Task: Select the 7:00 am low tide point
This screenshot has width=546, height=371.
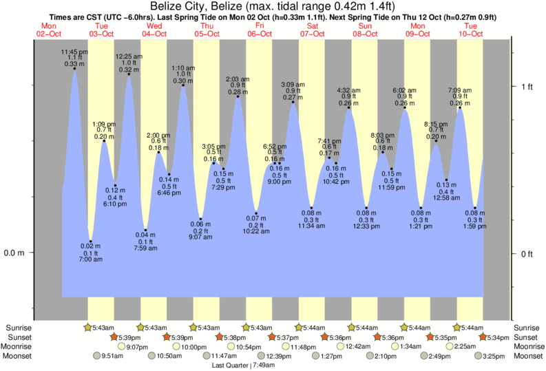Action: point(90,242)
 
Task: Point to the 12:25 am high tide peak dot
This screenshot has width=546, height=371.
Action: point(129,74)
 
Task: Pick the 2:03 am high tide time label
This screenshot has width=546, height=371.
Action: point(238,80)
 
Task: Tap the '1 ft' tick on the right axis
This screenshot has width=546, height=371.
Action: point(527,87)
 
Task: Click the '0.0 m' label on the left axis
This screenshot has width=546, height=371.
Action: point(14,253)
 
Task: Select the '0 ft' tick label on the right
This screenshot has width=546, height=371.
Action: point(527,254)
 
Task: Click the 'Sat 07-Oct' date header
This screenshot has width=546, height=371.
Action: point(313,30)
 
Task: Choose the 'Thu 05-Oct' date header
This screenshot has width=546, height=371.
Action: point(207,30)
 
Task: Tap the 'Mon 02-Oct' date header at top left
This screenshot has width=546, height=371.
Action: point(49,30)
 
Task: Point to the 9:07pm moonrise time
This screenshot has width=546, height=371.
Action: point(137,347)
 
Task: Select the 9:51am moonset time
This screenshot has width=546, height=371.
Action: point(112,357)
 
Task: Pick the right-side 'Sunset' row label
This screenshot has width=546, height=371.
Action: point(527,337)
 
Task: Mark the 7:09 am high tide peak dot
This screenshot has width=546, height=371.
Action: point(460,108)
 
